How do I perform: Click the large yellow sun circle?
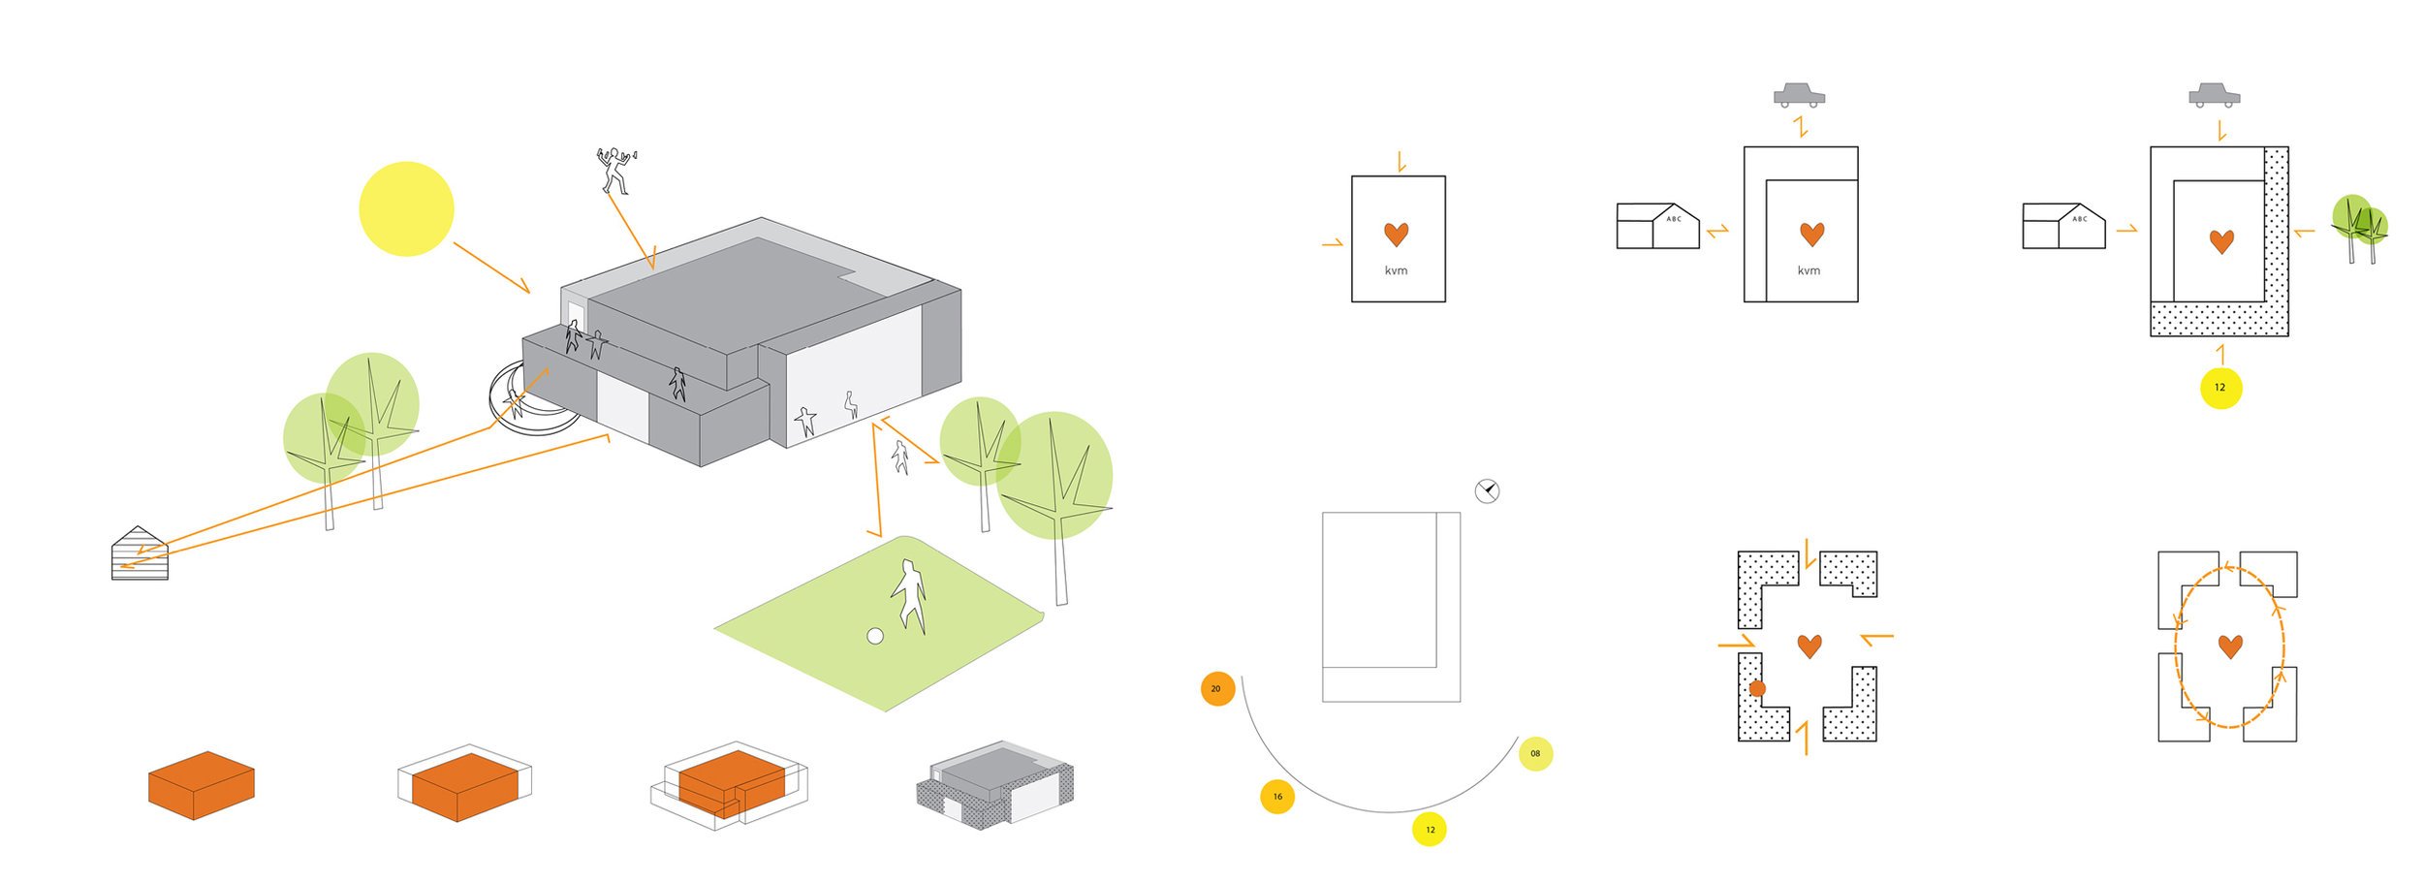(406, 208)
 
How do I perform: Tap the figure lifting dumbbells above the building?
(614, 170)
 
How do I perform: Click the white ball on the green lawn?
(874, 636)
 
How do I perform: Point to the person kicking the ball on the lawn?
(909, 595)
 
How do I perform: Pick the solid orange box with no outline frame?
(201, 785)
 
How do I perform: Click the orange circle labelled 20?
(1216, 688)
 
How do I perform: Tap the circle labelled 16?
(1277, 797)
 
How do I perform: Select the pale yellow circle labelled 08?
(1535, 753)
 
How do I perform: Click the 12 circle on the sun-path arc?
(1430, 830)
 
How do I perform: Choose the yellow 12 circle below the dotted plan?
(2220, 388)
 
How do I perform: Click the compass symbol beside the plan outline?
(1487, 490)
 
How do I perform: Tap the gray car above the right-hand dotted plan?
(2214, 95)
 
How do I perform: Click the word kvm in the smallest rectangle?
(1396, 270)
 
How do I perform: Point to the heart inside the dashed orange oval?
(2230, 646)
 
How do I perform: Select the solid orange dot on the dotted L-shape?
(1756, 688)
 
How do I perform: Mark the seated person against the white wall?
(851, 404)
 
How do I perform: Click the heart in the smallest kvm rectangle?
(1396, 234)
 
